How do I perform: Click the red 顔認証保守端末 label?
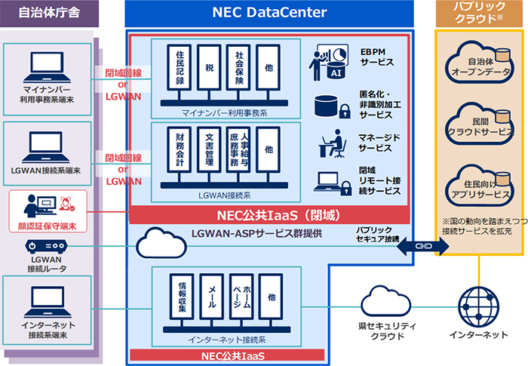pyautogui.click(x=48, y=226)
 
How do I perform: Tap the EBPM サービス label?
pyautogui.click(x=376, y=57)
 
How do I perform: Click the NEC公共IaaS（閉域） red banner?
pyautogui.click(x=270, y=215)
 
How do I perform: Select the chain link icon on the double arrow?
pyautogui.click(x=423, y=245)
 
